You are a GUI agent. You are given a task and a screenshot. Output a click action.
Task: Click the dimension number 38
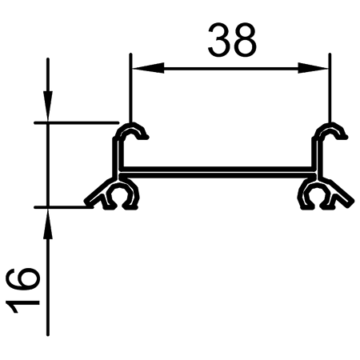pyautogui.click(x=232, y=40)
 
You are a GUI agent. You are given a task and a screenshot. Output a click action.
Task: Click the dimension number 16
pyautogui.click(x=22, y=290)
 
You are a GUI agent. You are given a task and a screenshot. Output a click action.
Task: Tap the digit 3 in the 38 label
pyautogui.click(x=219, y=40)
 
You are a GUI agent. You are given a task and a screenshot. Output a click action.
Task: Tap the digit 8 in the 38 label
pyautogui.click(x=245, y=40)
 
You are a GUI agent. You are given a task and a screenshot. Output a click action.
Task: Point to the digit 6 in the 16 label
pyautogui.click(x=23, y=278)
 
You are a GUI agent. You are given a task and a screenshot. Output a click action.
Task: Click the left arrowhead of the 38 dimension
pyautogui.click(x=148, y=68)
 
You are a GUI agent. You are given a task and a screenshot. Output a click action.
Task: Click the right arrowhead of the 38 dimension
pyautogui.click(x=313, y=68)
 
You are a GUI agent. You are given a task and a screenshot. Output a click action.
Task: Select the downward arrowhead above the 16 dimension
pyautogui.click(x=48, y=106)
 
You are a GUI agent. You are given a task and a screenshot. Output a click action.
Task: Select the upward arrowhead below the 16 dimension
pyautogui.click(x=48, y=223)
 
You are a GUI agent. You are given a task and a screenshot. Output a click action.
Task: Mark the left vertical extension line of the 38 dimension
pyautogui.click(x=130, y=88)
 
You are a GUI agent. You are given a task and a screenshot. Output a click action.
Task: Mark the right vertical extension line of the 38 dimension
pyautogui.click(x=330, y=88)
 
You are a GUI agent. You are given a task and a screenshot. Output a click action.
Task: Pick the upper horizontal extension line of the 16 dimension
pyautogui.click(x=77, y=122)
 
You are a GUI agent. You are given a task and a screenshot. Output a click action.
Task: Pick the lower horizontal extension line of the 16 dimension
pyautogui.click(x=63, y=207)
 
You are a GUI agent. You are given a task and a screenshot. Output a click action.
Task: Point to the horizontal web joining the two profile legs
pyautogui.click(x=218, y=172)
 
